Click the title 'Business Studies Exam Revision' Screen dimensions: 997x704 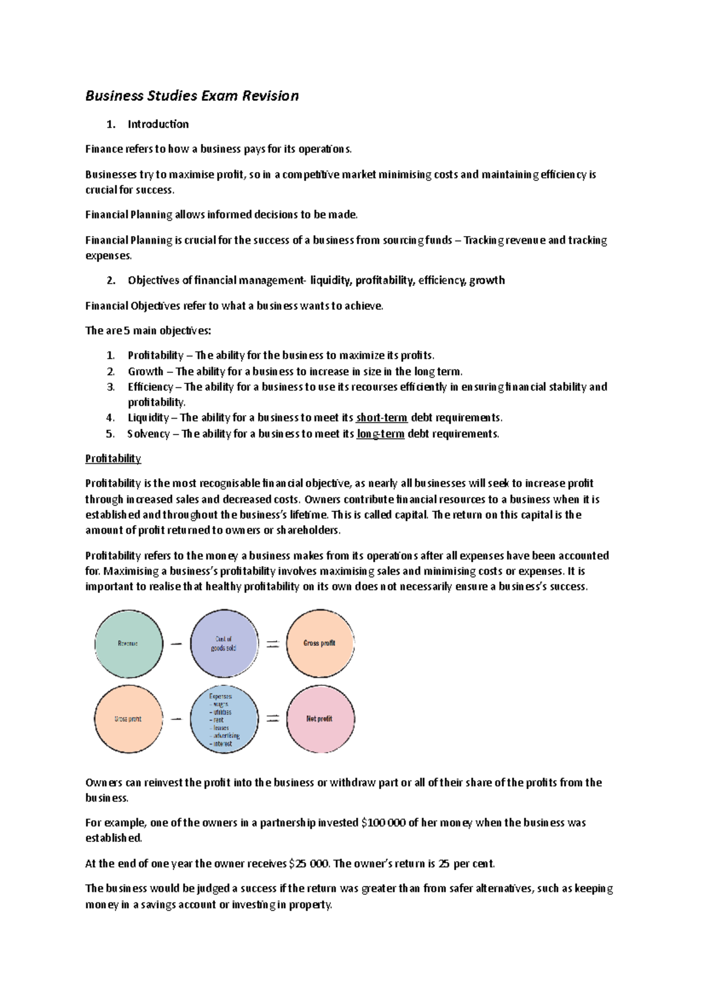click(192, 96)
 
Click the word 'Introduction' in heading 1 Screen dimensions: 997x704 click(158, 124)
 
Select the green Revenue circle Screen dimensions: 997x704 click(128, 644)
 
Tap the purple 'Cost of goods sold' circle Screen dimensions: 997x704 click(224, 644)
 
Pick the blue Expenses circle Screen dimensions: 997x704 click(224, 719)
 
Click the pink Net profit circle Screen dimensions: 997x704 click(320, 719)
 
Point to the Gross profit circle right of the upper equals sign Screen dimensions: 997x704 click(320, 644)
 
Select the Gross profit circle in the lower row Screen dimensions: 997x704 click(128, 719)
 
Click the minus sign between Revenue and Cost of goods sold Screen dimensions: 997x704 click(176, 644)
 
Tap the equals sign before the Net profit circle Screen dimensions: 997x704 click(272, 719)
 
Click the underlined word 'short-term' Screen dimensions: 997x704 click(381, 417)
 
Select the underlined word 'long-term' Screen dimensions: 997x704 click(380, 434)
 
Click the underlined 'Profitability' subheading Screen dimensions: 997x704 click(113, 459)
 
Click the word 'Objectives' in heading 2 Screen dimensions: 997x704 click(153, 280)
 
